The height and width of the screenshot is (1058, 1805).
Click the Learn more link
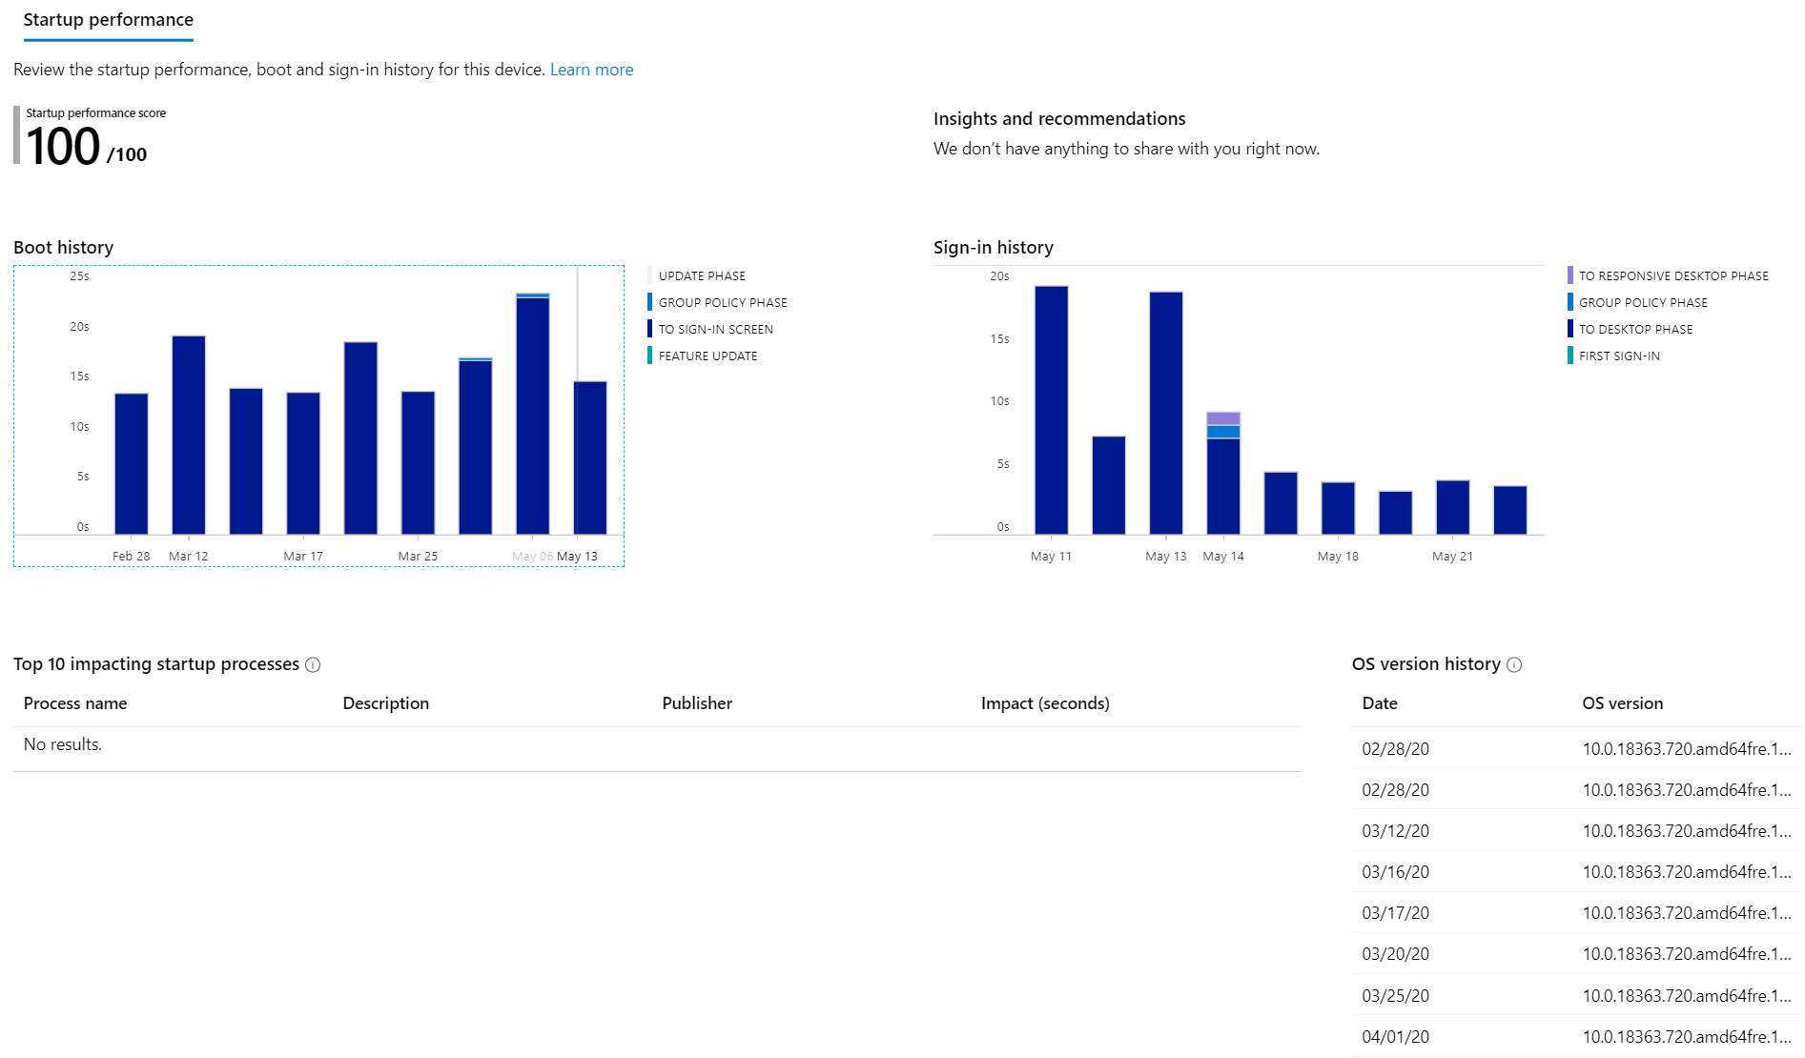point(591,70)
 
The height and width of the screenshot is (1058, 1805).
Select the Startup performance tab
point(108,20)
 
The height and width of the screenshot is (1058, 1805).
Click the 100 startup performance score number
point(63,147)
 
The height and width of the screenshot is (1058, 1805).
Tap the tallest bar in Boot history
point(532,415)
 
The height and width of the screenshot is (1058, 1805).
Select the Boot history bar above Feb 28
point(132,463)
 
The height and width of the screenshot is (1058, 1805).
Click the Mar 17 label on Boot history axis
point(303,556)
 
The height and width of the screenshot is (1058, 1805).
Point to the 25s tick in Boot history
point(79,276)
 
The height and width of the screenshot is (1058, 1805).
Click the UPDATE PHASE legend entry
point(702,276)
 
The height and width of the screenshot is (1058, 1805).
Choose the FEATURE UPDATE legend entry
point(708,356)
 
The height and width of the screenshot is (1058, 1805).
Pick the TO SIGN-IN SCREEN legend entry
point(715,330)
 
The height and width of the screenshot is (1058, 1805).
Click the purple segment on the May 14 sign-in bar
point(1223,418)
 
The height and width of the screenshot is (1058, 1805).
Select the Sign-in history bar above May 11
point(1051,410)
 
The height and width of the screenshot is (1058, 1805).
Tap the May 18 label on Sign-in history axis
point(1338,556)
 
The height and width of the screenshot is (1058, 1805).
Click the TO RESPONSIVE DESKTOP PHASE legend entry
point(1672,276)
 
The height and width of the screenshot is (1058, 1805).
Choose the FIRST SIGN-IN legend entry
point(1618,356)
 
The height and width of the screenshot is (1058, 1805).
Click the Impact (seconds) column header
point(1045,703)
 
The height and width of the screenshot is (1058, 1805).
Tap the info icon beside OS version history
point(1514,665)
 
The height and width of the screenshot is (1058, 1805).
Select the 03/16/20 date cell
point(1395,872)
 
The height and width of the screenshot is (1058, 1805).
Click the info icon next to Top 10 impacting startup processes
point(313,665)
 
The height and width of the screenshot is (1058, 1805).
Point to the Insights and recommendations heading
point(1059,119)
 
